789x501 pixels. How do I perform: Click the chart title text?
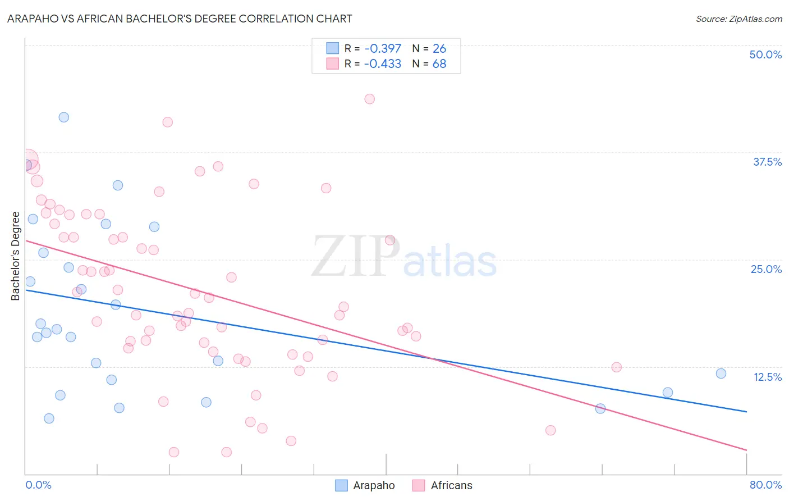(180, 19)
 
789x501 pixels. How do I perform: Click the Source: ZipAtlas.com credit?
(738, 19)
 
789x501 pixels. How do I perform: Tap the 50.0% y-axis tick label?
(765, 54)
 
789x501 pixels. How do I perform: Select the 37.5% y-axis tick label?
(767, 162)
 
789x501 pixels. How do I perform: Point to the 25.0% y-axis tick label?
(766, 269)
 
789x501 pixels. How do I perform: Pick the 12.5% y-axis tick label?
(767, 377)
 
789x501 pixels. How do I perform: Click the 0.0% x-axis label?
(38, 485)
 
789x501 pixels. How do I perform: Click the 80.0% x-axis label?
(765, 485)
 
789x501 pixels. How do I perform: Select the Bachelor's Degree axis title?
(16, 256)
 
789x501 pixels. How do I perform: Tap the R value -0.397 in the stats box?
(383, 49)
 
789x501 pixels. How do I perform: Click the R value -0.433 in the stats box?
(383, 64)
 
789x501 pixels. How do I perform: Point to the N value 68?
(439, 64)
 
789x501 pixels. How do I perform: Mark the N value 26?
(439, 49)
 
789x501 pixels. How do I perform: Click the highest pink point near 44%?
(369, 99)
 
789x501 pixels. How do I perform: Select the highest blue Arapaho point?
(64, 117)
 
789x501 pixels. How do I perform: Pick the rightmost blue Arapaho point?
(721, 374)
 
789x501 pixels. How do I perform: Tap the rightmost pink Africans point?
(616, 367)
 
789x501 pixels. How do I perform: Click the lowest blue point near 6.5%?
(49, 418)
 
